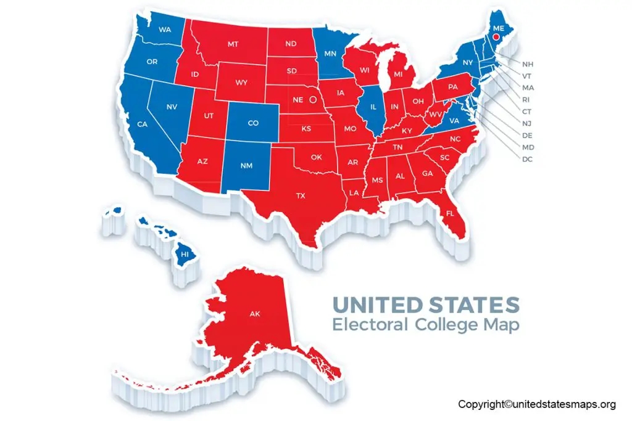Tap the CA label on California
(x=142, y=125)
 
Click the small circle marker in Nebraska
(x=313, y=99)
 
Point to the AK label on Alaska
(x=255, y=314)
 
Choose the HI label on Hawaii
(x=184, y=253)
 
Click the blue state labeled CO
(x=252, y=123)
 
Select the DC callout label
(x=528, y=160)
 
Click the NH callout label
(x=528, y=63)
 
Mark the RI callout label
(x=528, y=99)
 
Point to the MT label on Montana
(x=233, y=44)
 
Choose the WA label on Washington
(x=165, y=30)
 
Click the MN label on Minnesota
(x=331, y=53)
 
